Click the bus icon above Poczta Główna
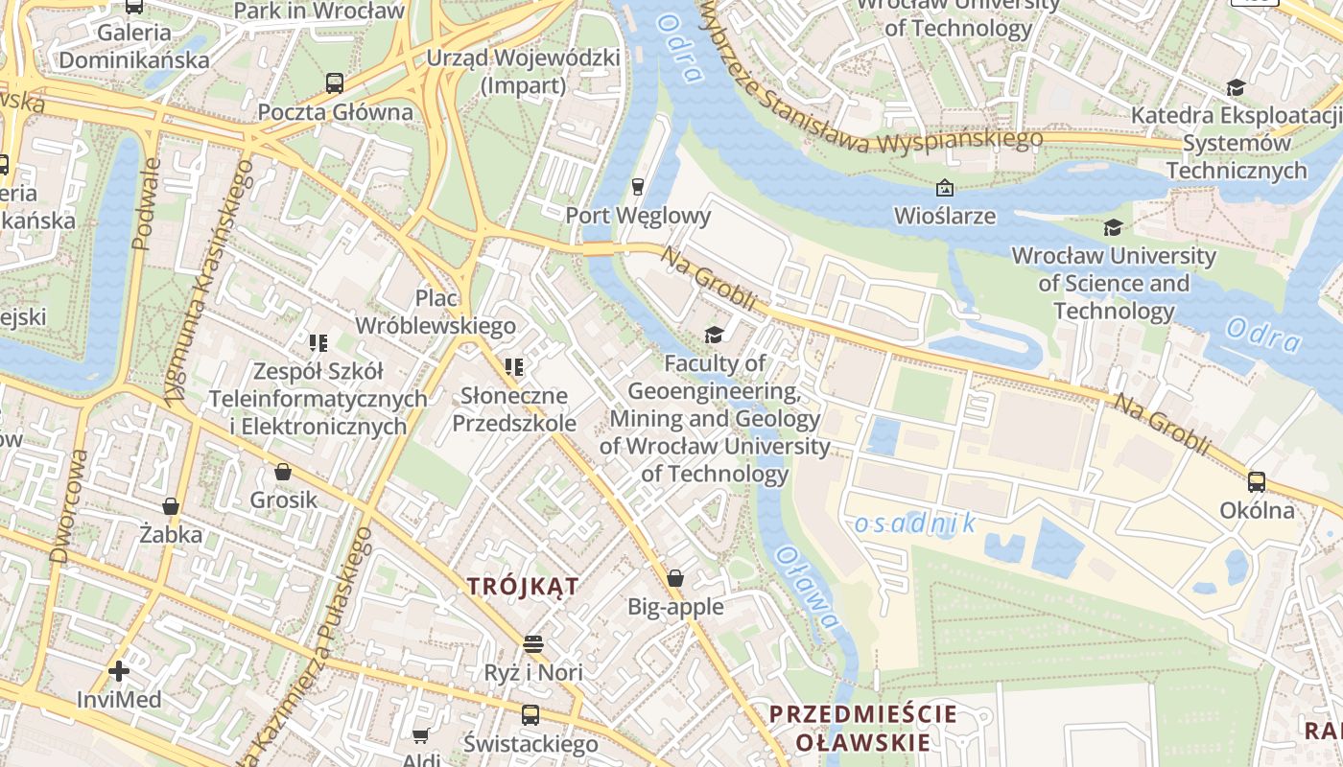(x=334, y=83)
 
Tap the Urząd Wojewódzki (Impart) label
(x=523, y=72)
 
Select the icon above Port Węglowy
(x=637, y=186)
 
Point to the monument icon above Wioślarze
(x=945, y=188)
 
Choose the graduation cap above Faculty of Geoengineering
(x=714, y=335)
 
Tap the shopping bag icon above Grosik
(x=283, y=472)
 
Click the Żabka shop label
(x=171, y=534)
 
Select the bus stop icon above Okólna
(x=1257, y=482)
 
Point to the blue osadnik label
(x=914, y=523)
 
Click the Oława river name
(x=807, y=588)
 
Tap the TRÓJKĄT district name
(x=523, y=587)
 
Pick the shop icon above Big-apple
(x=675, y=578)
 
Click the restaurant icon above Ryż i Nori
(x=533, y=643)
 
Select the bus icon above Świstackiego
(x=530, y=715)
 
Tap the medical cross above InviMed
(x=119, y=671)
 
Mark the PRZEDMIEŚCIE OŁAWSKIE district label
(x=862, y=728)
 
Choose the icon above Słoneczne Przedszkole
(x=514, y=367)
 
